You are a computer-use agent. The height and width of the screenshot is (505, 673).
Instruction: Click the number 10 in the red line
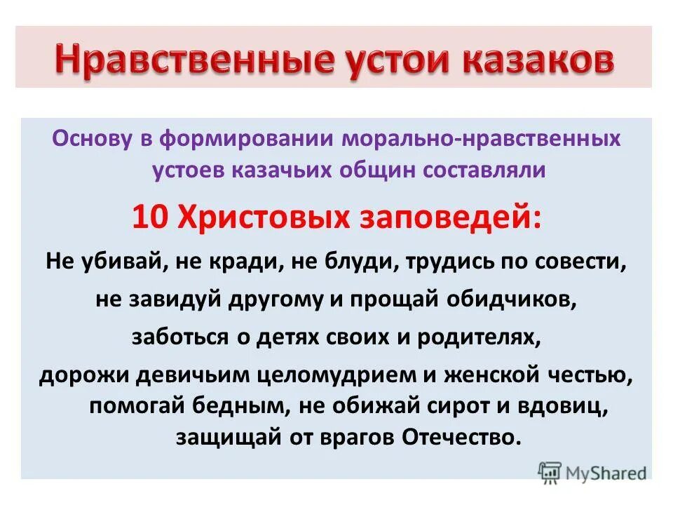click(149, 219)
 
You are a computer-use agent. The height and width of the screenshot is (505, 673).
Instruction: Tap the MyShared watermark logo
click(592, 473)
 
